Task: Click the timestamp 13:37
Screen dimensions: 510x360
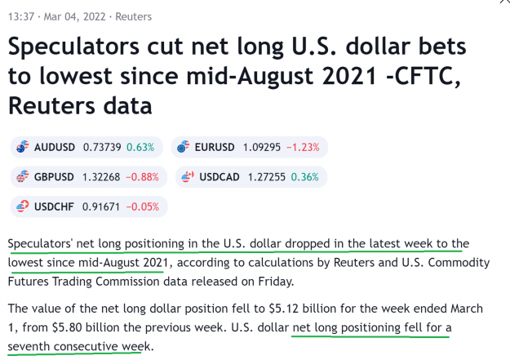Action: point(21,16)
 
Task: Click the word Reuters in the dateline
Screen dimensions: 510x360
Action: point(133,16)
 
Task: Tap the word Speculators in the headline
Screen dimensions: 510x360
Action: point(73,47)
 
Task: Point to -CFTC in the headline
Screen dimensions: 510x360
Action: point(423,76)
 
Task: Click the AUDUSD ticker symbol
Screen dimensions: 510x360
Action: point(55,148)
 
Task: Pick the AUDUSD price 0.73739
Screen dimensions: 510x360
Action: point(102,148)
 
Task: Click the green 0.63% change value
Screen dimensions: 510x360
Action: point(140,148)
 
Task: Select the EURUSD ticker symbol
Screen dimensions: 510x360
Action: point(215,148)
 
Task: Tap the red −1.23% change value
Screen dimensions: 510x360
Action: point(303,148)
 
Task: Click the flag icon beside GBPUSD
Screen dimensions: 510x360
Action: point(23,176)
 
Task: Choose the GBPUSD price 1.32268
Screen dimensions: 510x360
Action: point(101,177)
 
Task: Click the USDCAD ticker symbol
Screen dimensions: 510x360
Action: point(220,177)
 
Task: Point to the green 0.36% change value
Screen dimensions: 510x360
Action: point(304,177)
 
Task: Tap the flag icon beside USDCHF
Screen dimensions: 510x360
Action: point(23,206)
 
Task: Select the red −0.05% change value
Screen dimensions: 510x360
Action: point(143,207)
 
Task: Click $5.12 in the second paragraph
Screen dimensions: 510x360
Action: point(283,309)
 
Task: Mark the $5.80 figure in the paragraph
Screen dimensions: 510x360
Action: point(67,327)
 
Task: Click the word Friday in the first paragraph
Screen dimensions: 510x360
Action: point(276,282)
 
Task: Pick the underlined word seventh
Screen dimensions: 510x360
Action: point(29,346)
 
